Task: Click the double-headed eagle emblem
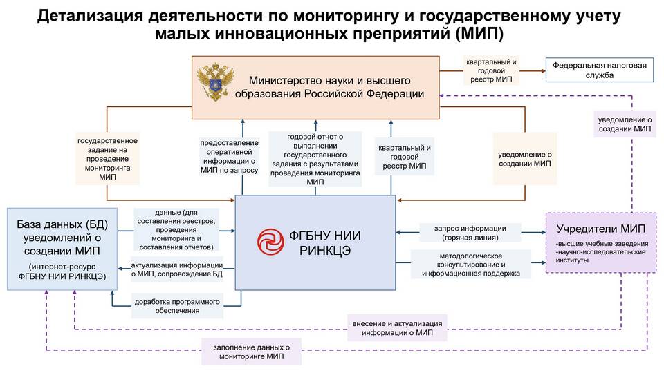coord(216,82)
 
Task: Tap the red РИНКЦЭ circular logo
coord(270,242)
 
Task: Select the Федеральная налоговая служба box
coord(599,70)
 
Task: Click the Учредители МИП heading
coord(601,229)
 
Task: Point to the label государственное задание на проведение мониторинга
coord(108,159)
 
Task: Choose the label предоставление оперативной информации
coord(229,157)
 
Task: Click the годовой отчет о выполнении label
coord(315,159)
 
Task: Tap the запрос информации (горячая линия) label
coord(470,233)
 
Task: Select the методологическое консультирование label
coord(471,265)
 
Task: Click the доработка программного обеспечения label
coord(177,306)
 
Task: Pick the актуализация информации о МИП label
coord(176,269)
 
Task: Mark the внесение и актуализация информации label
coord(397,328)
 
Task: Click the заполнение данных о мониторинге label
coord(252,352)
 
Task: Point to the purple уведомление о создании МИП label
coord(625,124)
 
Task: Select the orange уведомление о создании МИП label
coord(525,159)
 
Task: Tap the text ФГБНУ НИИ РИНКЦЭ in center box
coord(325,242)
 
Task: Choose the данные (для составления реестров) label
coord(176,229)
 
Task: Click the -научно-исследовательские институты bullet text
coord(600,256)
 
